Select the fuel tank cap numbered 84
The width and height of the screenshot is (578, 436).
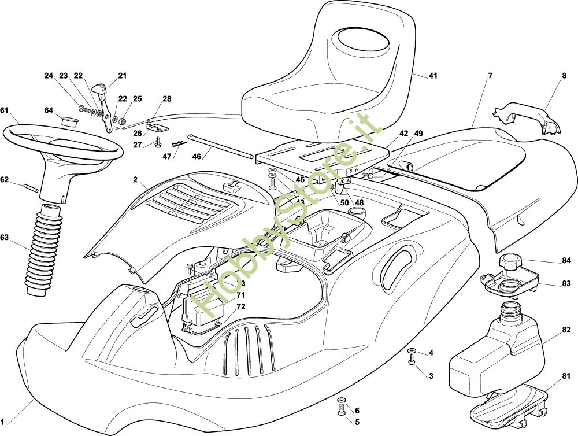tap(511, 264)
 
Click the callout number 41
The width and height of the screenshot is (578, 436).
tap(433, 76)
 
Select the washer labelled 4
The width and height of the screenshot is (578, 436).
tap(412, 352)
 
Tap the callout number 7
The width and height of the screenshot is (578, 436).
tap(490, 76)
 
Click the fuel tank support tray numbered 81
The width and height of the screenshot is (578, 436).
tap(509, 405)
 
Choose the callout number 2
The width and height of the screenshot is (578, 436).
tap(135, 180)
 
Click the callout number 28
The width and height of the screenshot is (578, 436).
tap(166, 99)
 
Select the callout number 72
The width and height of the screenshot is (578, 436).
tap(241, 306)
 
